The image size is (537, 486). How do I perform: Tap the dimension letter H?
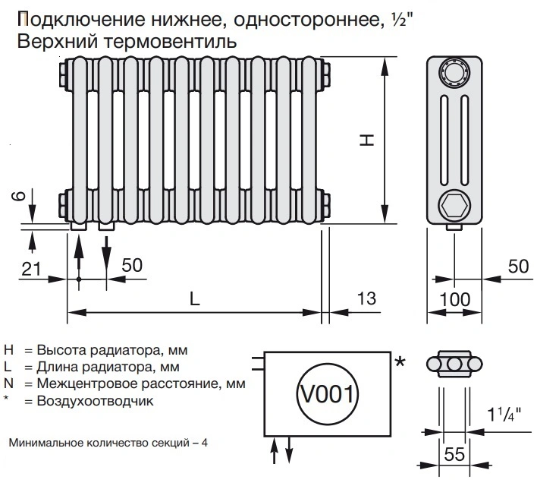(366, 141)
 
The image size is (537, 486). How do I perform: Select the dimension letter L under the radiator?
(195, 298)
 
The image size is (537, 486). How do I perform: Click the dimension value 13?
(366, 299)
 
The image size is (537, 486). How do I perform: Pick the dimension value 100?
(454, 299)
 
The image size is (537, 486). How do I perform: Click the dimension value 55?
(454, 456)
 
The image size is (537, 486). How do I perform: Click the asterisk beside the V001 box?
(400, 362)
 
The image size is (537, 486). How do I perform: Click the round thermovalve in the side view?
(454, 74)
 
